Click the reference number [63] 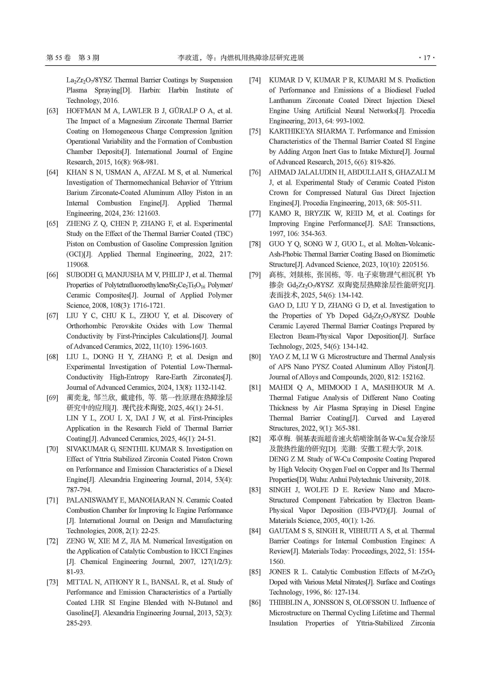(x=52, y=111)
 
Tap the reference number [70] (x=52, y=449)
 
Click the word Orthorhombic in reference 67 (x=86, y=326)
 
